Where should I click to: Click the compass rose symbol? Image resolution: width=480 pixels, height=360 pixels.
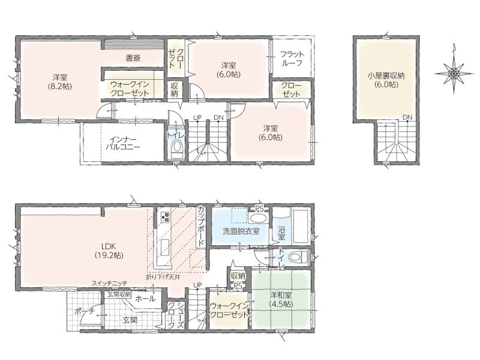(454, 73)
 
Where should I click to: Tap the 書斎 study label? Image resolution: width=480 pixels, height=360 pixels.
(133, 58)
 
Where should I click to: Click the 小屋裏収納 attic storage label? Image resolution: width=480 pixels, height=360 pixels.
(386, 80)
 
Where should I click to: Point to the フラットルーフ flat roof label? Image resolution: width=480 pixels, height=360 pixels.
(292, 58)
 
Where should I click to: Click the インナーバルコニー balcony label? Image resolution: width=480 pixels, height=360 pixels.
(123, 143)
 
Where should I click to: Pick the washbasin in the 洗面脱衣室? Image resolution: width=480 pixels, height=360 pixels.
(258, 218)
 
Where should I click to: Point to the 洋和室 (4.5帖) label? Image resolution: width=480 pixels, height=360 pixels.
(281, 299)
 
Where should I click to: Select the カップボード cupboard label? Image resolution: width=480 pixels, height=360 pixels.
(201, 227)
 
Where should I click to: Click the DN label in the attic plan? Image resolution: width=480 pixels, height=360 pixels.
(407, 117)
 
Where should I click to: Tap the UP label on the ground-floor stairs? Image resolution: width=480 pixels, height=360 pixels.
(197, 285)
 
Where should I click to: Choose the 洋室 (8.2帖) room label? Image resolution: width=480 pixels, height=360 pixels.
(59, 82)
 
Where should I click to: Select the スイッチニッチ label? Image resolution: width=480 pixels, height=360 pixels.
(109, 283)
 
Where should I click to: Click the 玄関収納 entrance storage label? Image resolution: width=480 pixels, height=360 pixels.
(119, 295)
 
